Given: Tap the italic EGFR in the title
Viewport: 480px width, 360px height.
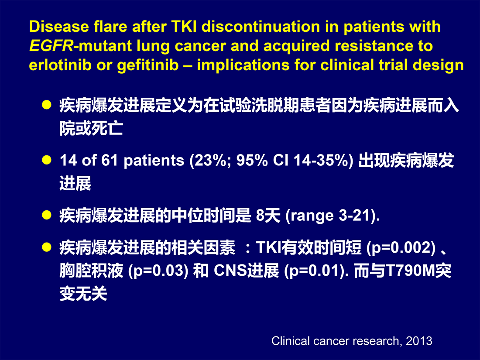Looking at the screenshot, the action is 51,46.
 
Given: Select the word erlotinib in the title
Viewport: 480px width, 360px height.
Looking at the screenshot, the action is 60,65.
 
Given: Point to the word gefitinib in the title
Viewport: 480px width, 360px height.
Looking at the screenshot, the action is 148,65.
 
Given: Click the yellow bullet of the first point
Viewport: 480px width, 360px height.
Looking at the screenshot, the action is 47,105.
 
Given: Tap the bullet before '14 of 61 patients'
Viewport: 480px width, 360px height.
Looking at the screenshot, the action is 47,160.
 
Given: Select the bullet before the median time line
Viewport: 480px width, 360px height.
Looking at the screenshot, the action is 47,215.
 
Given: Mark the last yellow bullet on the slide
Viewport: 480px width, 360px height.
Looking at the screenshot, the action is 47,247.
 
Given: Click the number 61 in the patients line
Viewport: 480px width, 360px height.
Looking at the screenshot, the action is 110,160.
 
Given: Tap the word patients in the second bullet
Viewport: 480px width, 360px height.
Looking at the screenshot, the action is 154,161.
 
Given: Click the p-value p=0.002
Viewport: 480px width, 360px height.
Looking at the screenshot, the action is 401,248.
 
